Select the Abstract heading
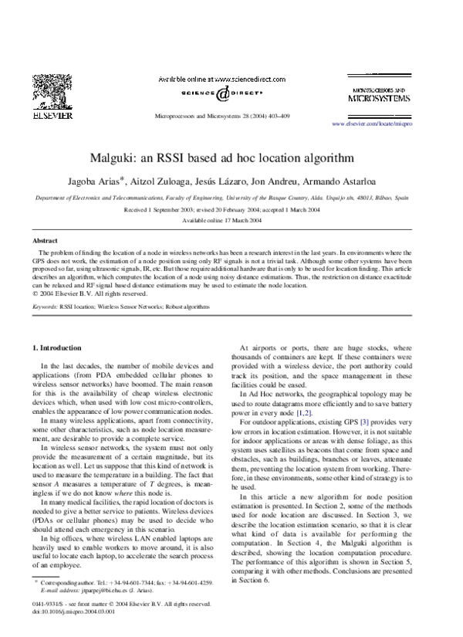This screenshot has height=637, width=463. coord(45,242)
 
